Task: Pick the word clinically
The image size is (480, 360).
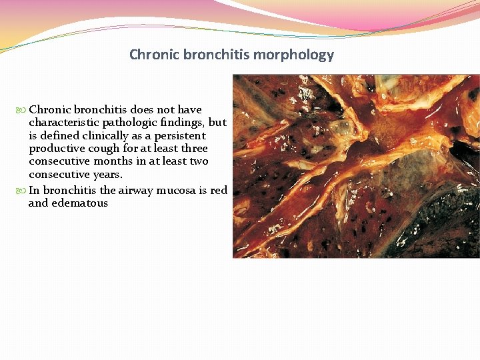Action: [x=103, y=135]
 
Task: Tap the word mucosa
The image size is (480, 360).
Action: [x=182, y=191]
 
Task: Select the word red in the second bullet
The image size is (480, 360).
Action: [x=219, y=191]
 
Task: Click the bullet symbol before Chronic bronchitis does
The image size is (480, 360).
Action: [x=23, y=110]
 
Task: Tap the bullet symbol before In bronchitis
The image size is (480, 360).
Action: [x=23, y=191]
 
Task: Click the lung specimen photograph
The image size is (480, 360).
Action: [x=356, y=166]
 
